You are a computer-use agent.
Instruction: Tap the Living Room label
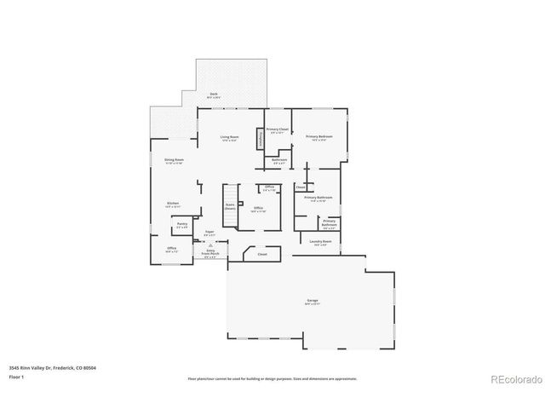(229, 137)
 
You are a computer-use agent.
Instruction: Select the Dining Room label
(174, 161)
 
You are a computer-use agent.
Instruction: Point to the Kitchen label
(173, 204)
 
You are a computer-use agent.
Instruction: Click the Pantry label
(182, 225)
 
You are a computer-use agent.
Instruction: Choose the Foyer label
(209, 233)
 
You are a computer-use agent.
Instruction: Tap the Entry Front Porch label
(210, 252)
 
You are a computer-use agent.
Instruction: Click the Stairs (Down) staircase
(230, 206)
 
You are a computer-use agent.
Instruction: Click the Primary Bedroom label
(319, 137)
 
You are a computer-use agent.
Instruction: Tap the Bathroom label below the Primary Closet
(279, 160)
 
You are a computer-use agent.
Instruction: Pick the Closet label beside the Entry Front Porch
(262, 255)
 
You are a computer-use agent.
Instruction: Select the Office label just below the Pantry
(171, 249)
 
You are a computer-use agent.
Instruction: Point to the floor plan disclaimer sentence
(272, 377)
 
